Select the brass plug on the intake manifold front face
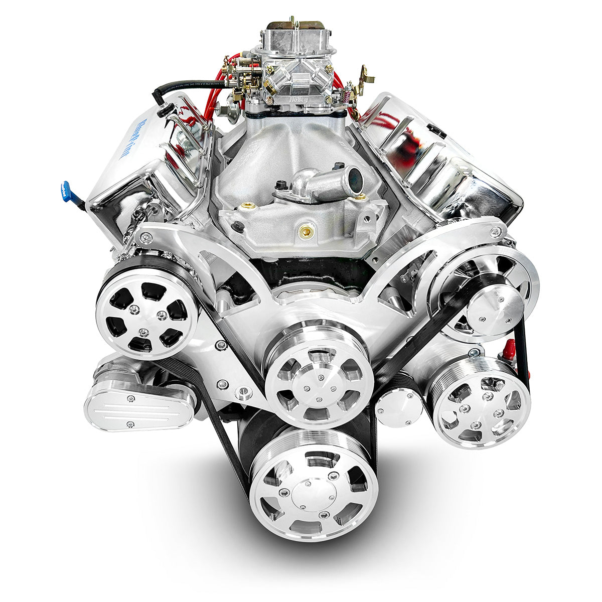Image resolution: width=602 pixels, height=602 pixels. point(304,231)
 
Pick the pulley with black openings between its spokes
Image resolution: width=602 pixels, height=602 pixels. point(147,314)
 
